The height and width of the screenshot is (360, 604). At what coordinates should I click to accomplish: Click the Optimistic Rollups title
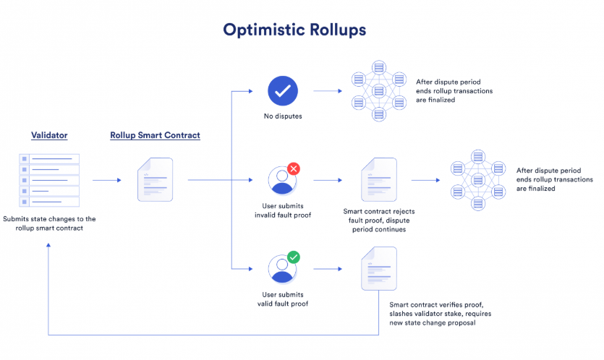point(294,30)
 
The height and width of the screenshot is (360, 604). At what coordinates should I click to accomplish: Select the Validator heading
point(49,135)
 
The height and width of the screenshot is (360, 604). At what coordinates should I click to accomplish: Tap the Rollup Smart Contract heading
point(156,135)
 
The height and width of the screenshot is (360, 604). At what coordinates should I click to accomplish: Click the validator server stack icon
point(49,180)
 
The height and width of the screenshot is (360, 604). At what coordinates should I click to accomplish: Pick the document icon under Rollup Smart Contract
point(156,179)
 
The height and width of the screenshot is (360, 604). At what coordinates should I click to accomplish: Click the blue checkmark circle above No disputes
point(283,91)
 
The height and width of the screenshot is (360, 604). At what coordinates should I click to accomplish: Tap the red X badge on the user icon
point(294,168)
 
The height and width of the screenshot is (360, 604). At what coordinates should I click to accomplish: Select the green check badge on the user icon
point(294,257)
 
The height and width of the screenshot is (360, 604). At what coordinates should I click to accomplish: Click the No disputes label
point(283,116)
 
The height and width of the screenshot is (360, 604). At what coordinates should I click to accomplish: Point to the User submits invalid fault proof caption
point(283,210)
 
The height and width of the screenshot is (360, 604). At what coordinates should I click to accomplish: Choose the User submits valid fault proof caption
point(283,299)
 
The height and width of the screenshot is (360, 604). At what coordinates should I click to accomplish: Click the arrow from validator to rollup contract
point(107,180)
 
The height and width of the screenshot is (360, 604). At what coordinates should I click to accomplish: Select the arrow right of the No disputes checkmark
point(328,91)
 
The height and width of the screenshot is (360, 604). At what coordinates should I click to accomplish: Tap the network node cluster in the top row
point(379,91)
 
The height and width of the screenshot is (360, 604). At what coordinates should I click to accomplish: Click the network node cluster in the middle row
point(478,180)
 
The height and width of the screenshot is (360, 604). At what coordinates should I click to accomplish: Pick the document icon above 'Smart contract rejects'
point(379,179)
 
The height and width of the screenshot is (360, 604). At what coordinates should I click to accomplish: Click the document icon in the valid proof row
point(379,268)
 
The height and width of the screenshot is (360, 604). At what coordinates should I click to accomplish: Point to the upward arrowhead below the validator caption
point(48,245)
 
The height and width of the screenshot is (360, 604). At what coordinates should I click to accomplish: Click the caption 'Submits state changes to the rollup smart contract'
point(49,223)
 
